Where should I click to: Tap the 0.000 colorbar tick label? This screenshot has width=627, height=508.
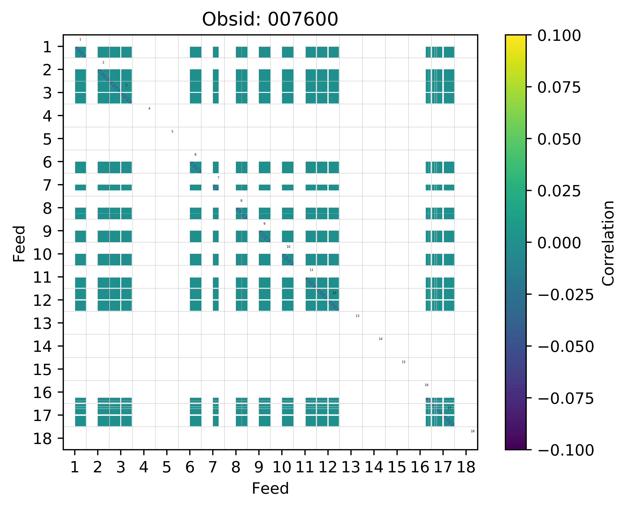(x=559, y=243)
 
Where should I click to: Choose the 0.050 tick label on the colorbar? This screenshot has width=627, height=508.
(x=559, y=139)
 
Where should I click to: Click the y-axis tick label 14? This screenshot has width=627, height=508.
(x=43, y=347)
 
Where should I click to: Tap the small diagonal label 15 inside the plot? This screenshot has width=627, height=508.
(x=403, y=362)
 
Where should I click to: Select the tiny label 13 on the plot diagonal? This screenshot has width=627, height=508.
(x=357, y=316)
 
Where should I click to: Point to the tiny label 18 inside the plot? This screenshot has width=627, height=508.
(x=472, y=431)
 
